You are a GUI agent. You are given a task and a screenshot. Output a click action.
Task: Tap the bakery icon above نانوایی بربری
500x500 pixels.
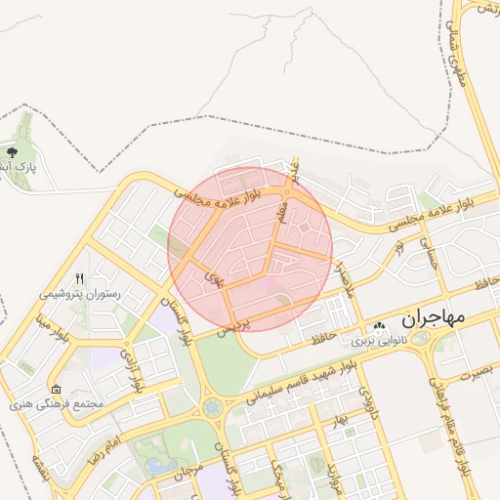pos(378,326)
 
